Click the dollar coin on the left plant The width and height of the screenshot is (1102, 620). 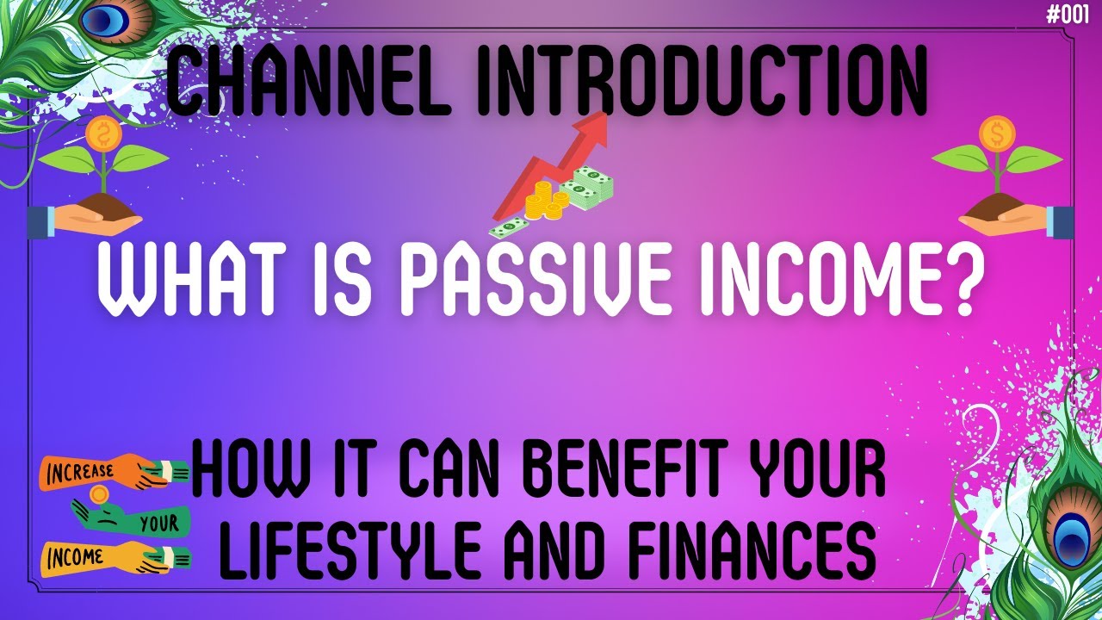pyautogui.click(x=105, y=133)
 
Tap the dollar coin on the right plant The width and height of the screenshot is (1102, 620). pyautogui.click(x=997, y=133)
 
